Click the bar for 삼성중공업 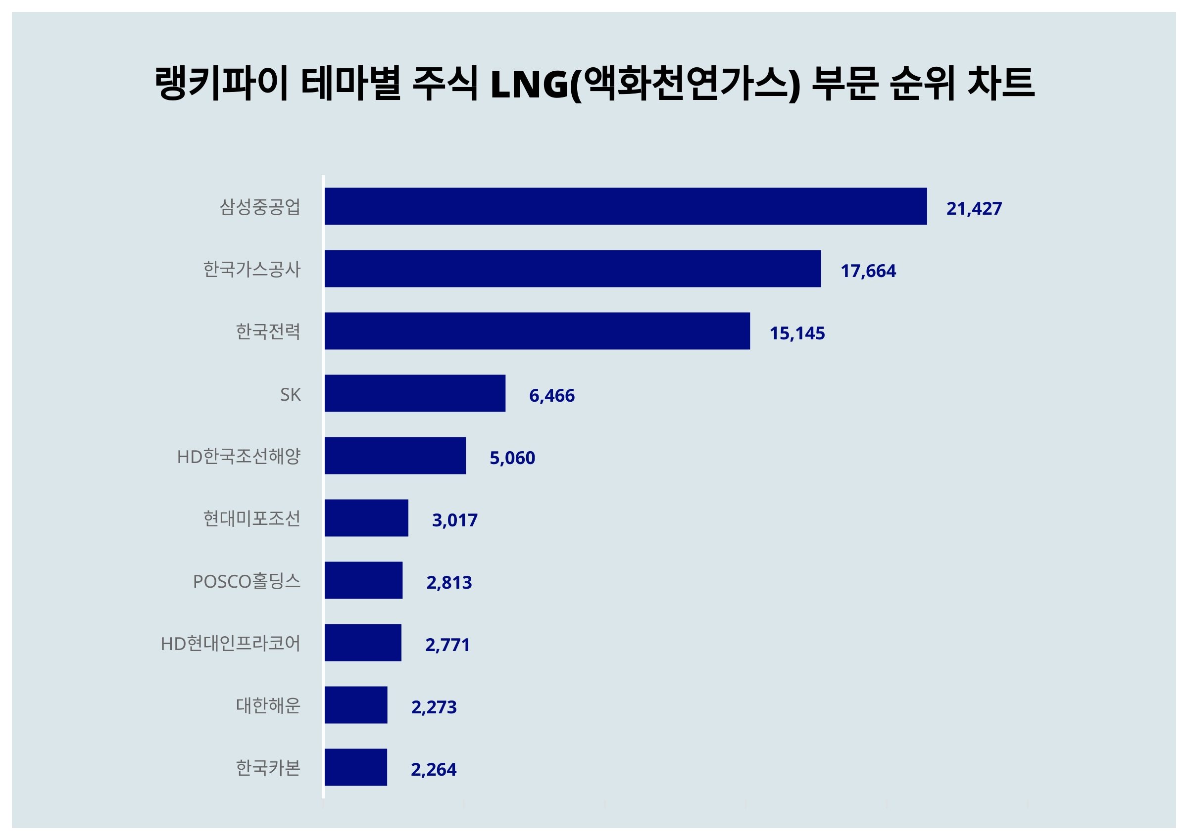tap(625, 206)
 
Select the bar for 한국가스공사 tap(572, 269)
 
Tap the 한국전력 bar tap(537, 331)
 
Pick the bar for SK tap(414, 393)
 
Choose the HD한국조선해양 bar tap(395, 456)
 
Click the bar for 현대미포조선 tap(366, 518)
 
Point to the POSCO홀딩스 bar tap(363, 580)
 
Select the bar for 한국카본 tap(355, 767)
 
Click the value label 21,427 tap(974, 208)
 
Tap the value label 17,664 tap(868, 271)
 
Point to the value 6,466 tap(551, 396)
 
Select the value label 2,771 tap(447, 645)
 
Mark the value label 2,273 tap(434, 707)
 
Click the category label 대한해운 tap(268, 705)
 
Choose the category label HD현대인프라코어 tap(230, 644)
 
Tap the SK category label tap(290, 395)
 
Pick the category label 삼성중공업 tap(260, 207)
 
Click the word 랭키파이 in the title tap(221, 83)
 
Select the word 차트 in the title tap(1001, 83)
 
